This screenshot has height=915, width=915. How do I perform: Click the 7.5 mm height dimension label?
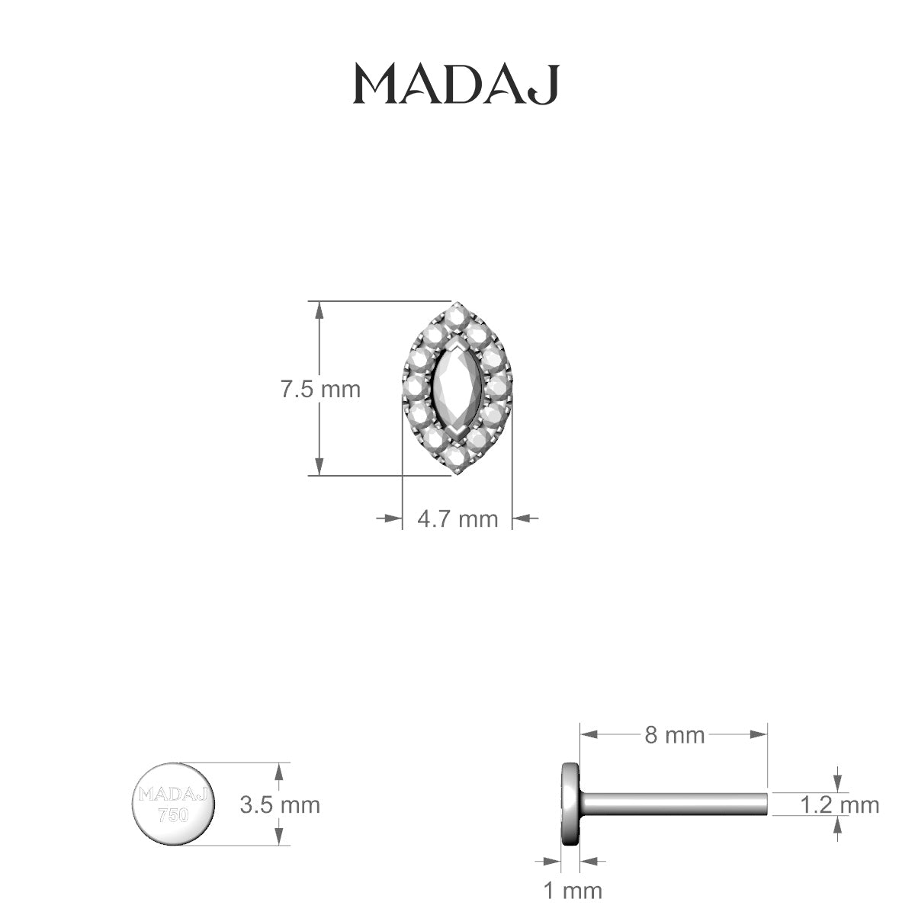click(x=320, y=390)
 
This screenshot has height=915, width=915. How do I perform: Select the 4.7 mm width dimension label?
click(x=457, y=519)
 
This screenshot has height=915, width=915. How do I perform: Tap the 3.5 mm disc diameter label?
click(x=280, y=804)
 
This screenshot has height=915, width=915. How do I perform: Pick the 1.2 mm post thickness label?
click(x=840, y=804)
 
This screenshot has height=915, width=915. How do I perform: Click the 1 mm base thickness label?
click(x=572, y=890)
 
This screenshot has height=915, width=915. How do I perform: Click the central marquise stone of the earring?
click(x=456, y=390)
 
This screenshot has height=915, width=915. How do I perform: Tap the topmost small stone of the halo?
click(x=456, y=314)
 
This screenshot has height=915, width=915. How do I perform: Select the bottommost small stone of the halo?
click(x=456, y=460)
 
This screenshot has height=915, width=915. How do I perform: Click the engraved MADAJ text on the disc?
click(x=173, y=795)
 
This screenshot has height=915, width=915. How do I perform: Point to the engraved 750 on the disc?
click(x=173, y=815)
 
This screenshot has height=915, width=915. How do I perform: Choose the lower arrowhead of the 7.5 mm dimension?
click(x=320, y=467)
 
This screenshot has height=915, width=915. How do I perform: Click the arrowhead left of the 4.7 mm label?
click(x=393, y=518)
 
